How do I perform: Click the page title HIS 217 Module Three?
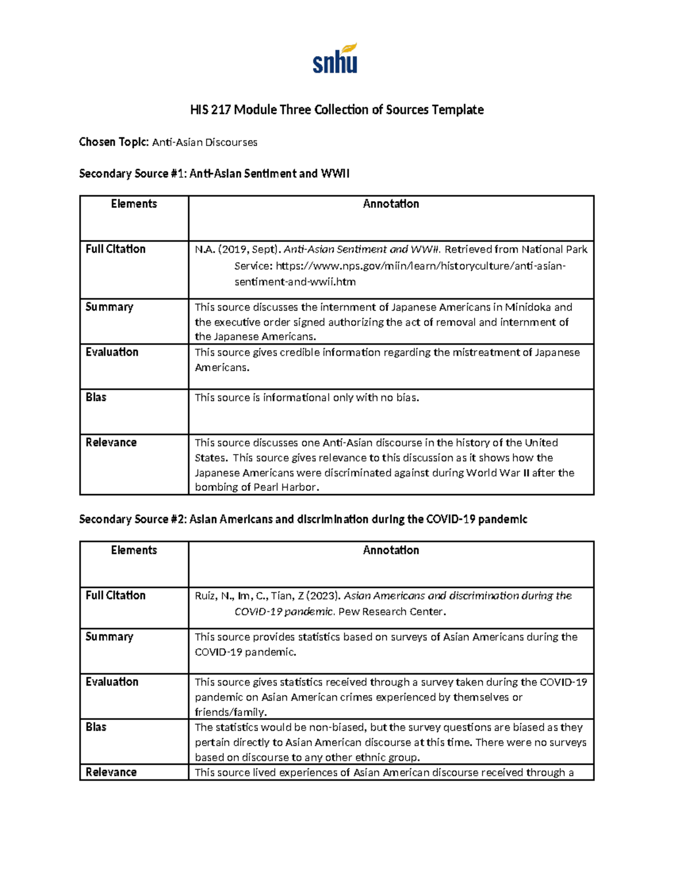click(336, 109)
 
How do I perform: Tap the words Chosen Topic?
click(113, 142)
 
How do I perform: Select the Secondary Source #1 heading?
click(214, 174)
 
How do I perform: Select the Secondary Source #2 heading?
click(303, 519)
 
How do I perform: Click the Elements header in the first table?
click(134, 204)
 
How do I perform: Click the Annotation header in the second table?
click(391, 550)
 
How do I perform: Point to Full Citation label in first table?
click(115, 249)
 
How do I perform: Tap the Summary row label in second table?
click(109, 637)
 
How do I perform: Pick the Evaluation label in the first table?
click(112, 352)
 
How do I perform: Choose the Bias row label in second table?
click(95, 727)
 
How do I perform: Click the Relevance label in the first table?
click(111, 442)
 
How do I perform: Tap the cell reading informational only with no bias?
click(307, 398)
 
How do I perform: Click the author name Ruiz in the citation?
click(206, 596)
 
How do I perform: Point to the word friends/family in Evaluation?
click(230, 712)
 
